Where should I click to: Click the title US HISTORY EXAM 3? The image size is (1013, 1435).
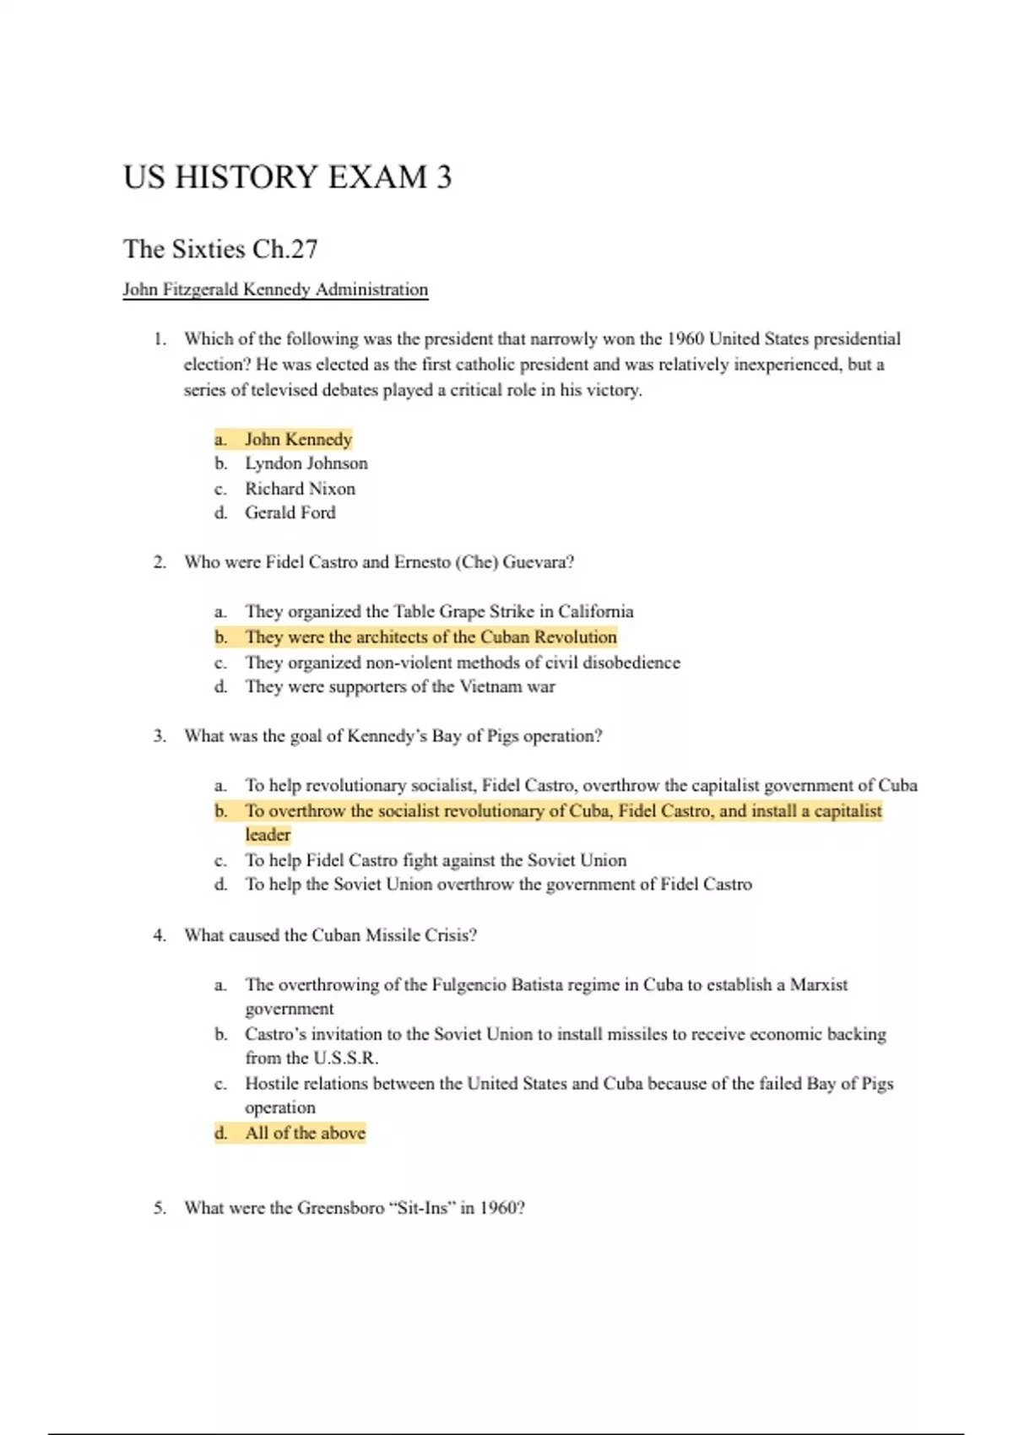(287, 177)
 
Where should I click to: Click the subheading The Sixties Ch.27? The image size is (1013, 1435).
(220, 249)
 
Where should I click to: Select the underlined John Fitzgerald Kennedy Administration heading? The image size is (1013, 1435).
(275, 290)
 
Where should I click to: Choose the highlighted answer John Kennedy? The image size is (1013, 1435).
(298, 439)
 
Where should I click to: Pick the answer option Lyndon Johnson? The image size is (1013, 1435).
(306, 463)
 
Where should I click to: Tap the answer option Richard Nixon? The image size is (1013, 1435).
(300, 489)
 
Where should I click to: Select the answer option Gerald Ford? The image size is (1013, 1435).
(290, 512)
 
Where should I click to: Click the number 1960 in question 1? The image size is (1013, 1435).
(685, 339)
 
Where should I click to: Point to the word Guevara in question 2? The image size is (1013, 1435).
(538, 562)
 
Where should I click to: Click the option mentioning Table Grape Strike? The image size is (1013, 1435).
(439, 611)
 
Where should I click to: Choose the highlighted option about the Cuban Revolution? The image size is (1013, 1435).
(431, 637)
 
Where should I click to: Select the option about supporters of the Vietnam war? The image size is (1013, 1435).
(400, 686)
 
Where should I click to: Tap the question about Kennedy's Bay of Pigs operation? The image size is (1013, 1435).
(393, 736)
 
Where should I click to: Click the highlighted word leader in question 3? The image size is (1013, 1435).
(268, 835)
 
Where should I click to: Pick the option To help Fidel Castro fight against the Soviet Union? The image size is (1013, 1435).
(436, 860)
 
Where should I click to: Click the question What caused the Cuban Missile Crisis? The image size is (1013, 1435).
(330, 935)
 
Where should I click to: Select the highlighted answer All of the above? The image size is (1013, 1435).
(305, 1133)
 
